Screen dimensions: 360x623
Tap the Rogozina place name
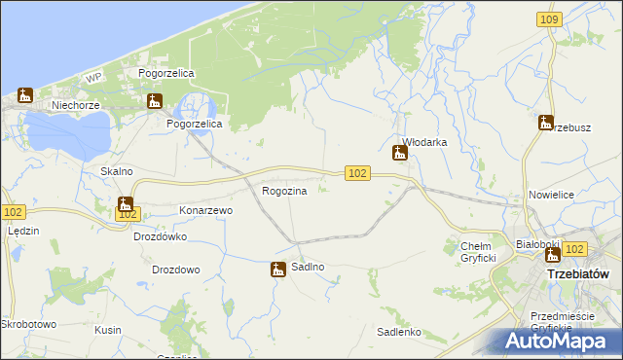click(x=284, y=191)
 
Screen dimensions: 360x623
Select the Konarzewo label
click(x=205, y=210)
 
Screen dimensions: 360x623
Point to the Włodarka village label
click(x=424, y=142)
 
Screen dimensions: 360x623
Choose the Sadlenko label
click(x=398, y=332)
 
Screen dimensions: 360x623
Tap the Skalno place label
click(x=116, y=171)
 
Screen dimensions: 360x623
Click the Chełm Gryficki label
click(x=478, y=251)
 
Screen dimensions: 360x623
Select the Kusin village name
click(x=107, y=331)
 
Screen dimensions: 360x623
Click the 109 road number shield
click(x=549, y=19)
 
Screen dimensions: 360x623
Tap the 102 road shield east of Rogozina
click(x=357, y=172)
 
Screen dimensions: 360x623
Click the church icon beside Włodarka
click(x=399, y=152)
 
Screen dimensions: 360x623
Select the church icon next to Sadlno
click(x=278, y=270)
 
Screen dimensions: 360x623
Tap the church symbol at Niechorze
click(x=25, y=95)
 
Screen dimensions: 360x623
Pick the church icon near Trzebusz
click(x=545, y=123)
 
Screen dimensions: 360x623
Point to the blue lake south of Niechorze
click(x=68, y=130)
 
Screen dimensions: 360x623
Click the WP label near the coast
click(x=93, y=77)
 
